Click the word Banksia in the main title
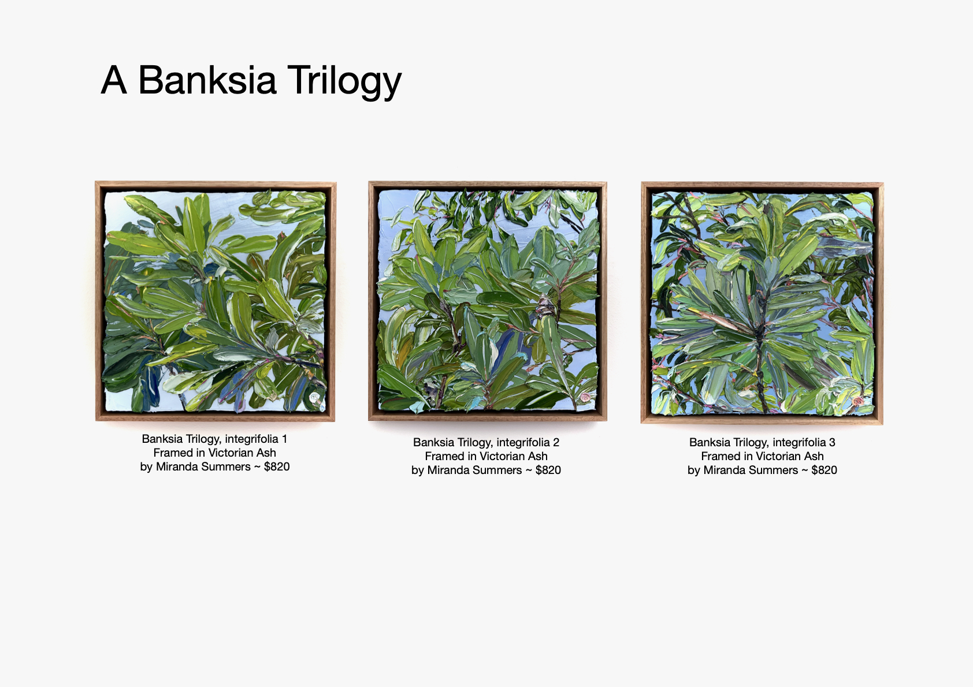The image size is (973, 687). (207, 80)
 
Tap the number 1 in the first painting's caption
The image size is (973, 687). (284, 439)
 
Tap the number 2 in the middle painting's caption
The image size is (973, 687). (556, 442)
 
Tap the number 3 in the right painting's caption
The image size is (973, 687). (832, 442)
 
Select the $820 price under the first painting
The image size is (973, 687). (277, 466)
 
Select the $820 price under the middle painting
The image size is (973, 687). (548, 470)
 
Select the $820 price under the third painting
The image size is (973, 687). (824, 470)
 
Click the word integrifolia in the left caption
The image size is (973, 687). (251, 439)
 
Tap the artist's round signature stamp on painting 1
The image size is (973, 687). (314, 397)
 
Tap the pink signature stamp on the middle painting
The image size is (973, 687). (585, 397)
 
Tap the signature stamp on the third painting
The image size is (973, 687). (857, 401)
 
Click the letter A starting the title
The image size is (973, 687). (114, 80)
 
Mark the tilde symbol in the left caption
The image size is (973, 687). (257, 467)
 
